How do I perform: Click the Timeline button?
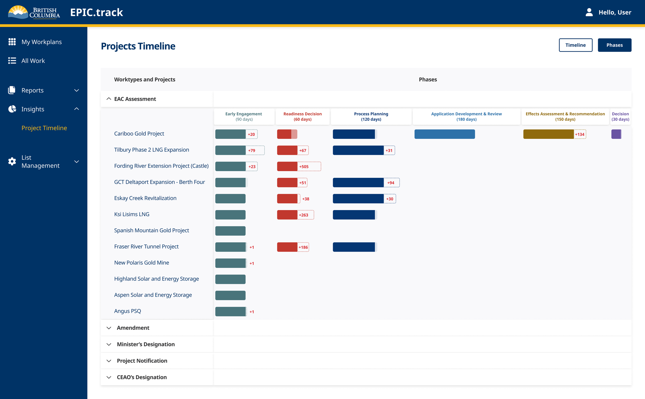coord(575,45)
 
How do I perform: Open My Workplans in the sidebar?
coord(42,42)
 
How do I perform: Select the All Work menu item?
coord(33,61)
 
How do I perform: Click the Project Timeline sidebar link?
coord(44,128)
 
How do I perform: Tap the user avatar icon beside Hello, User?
coord(589,12)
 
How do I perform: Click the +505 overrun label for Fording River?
coord(304,166)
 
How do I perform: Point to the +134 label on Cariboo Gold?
coord(579,134)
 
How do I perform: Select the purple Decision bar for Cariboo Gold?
coord(616,134)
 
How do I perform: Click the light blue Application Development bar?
coord(445,134)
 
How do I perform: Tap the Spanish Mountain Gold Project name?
coord(151,230)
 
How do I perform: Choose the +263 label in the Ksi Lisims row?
coord(303,215)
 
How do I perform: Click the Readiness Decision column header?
coord(303,116)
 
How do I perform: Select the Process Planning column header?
coord(371,116)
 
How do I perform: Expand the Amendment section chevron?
coord(109,328)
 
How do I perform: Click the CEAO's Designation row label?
coord(142,377)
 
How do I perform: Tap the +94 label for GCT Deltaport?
coord(391,183)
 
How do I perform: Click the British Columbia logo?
coord(34,12)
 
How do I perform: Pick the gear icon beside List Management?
coord(12,162)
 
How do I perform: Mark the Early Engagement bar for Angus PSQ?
coord(231,312)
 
